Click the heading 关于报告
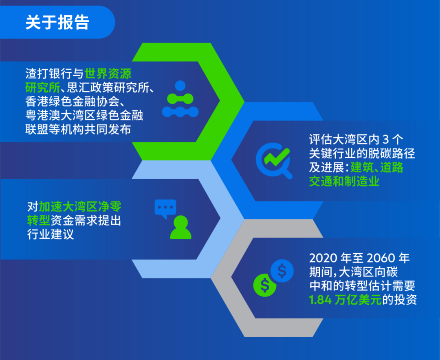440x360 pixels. pos(57,22)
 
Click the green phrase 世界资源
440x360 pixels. pos(108,74)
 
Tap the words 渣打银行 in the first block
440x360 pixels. pos(49,74)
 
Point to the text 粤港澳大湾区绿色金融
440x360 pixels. pos(84,115)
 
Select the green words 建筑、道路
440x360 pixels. pos(377,167)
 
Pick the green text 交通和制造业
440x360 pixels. pos(344,181)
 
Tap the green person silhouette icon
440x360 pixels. pos(181,227)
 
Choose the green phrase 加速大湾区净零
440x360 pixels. pos(80,206)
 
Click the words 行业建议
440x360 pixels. pos(51,234)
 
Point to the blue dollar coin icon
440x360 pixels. pos(282,271)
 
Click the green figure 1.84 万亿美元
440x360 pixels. pos(345,300)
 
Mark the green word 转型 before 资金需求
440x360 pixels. pos(39,221)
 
